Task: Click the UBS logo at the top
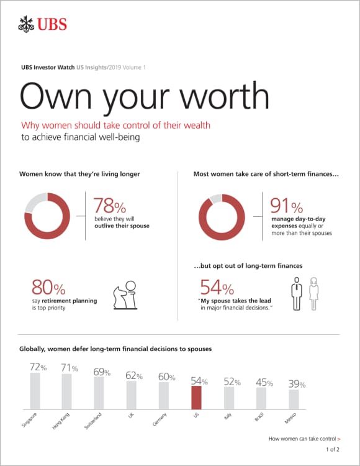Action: [42, 25]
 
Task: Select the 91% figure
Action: [287, 206]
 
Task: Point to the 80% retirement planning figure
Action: [48, 288]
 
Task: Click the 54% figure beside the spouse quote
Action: [217, 288]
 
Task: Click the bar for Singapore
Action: [35, 389]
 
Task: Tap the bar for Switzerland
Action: [99, 391]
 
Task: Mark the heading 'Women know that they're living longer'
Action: [79, 174]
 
